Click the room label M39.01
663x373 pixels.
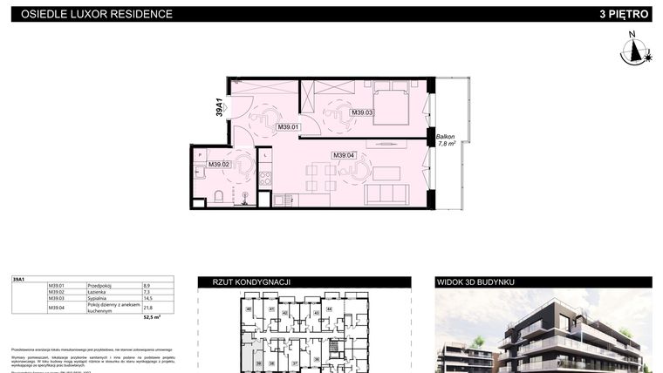pos(288,127)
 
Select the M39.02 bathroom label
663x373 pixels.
pos(218,164)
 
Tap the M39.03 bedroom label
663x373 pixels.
pos(362,112)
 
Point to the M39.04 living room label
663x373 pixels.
pos(344,156)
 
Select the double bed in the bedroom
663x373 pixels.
pos(390,103)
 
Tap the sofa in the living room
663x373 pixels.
pos(382,193)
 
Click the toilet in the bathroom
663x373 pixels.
pos(221,194)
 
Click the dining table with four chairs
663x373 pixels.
pos(318,178)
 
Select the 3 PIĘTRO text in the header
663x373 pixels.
pos(624,14)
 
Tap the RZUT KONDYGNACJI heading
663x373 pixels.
pos(244,282)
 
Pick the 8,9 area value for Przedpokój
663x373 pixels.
pos(146,285)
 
